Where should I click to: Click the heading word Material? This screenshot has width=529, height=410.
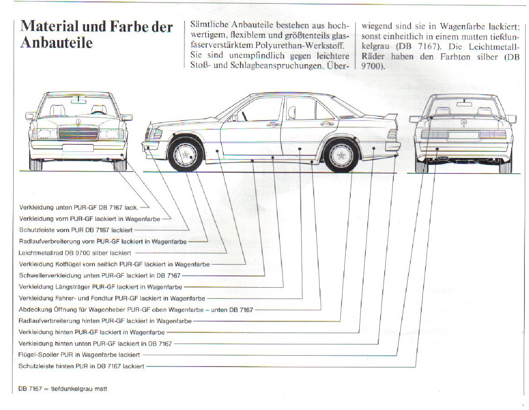pyautogui.click(x=49, y=26)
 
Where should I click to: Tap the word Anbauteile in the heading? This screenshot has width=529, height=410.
pyautogui.click(x=56, y=43)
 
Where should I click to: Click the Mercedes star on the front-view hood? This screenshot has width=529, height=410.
pyautogui.click(x=78, y=122)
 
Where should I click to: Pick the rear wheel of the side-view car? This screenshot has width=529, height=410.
pyautogui.click(x=341, y=155)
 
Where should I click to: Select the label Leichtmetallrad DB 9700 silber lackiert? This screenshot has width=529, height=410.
pyautogui.click(x=75, y=253)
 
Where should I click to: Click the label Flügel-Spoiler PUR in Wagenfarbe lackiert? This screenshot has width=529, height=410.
pyautogui.click(x=79, y=355)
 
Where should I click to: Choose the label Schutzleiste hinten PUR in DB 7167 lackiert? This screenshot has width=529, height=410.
pyautogui.click(x=81, y=366)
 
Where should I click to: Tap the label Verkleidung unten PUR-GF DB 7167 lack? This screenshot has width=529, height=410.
pyautogui.click(x=79, y=207)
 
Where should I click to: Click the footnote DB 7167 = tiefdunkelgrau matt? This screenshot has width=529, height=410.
pyautogui.click(x=63, y=389)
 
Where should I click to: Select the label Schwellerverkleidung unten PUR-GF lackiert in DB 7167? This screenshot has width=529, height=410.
pyautogui.click(x=100, y=275)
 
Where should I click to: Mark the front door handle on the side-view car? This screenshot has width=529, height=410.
pyautogui.click(x=273, y=125)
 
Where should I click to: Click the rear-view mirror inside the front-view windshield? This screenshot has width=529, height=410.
pyautogui.click(x=78, y=101)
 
